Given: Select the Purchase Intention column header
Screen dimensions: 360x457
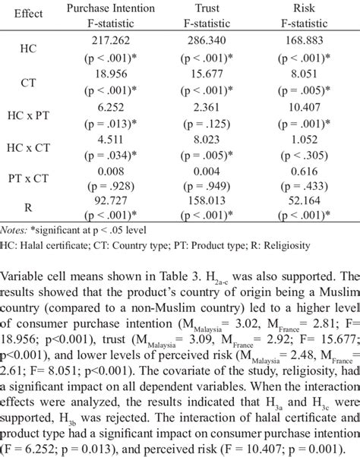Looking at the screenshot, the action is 111,8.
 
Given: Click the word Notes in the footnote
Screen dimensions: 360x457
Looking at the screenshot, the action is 14,230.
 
